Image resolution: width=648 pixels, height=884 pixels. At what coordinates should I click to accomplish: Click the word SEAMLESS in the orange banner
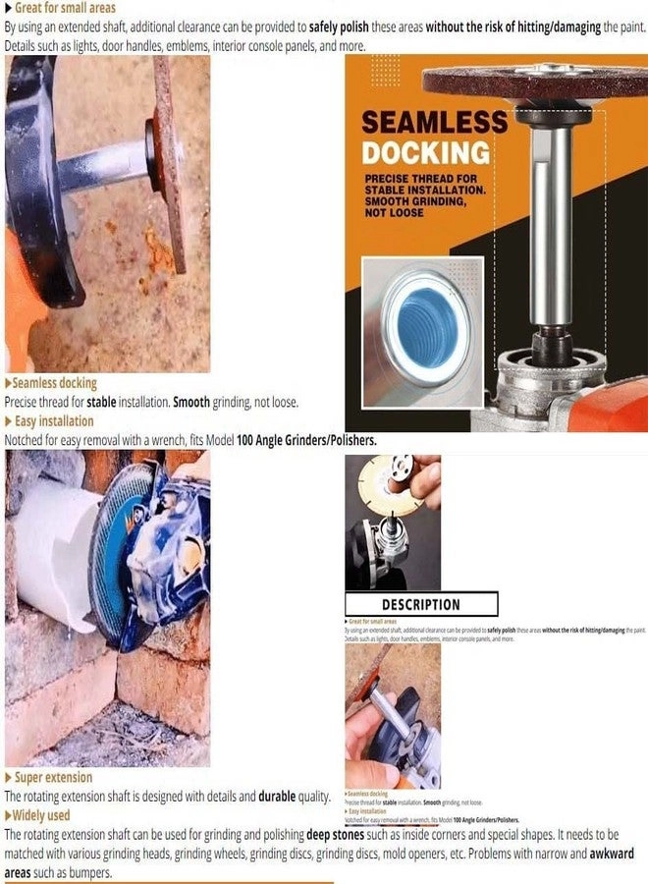[x=434, y=122]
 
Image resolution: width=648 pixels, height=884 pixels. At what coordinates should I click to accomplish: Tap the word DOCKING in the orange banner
[x=425, y=152]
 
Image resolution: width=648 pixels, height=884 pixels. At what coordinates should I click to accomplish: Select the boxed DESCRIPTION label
[x=420, y=604]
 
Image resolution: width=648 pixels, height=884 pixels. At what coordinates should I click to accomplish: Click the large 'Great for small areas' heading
[x=65, y=8]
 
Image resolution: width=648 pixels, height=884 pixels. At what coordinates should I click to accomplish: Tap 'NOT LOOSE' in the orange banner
[x=393, y=213]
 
